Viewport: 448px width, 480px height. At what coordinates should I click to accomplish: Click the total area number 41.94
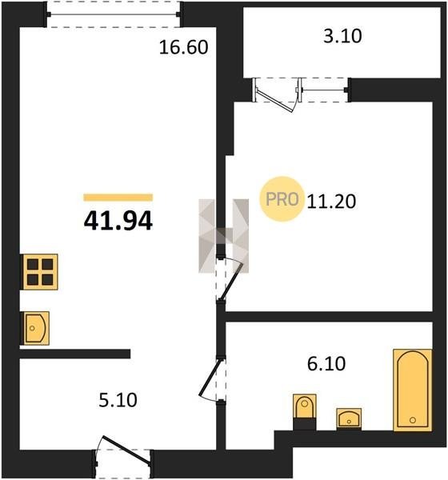[118, 221]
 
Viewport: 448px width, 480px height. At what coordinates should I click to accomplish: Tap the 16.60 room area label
[184, 47]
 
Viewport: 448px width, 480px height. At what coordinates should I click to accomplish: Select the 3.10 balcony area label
[342, 36]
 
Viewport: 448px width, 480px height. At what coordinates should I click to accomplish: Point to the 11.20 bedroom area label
[331, 202]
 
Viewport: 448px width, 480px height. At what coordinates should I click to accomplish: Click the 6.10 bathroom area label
[326, 364]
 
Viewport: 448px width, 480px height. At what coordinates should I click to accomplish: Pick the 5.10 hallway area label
[118, 400]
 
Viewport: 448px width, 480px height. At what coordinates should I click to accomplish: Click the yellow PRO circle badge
[282, 199]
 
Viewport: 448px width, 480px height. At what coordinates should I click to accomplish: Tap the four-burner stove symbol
[40, 272]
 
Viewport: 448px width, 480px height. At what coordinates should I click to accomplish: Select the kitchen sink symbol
[35, 328]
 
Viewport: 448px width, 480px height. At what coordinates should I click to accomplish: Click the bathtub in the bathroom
[413, 390]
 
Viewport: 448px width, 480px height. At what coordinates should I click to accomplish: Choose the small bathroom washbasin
[349, 418]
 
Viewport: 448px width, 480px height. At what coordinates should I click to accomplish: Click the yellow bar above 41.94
[118, 198]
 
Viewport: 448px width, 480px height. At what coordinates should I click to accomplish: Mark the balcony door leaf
[275, 101]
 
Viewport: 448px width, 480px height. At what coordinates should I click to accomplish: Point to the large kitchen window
[114, 14]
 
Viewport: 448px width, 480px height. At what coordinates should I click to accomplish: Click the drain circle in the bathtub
[413, 420]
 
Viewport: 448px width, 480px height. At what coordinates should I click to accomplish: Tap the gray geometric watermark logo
[223, 236]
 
